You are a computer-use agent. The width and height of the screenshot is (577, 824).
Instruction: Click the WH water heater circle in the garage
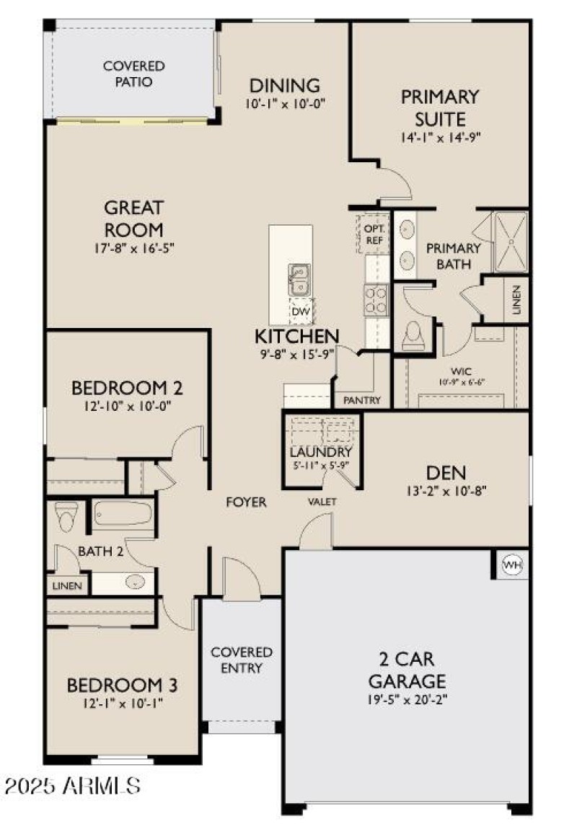(511, 564)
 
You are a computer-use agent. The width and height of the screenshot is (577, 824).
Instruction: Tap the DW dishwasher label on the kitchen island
(299, 311)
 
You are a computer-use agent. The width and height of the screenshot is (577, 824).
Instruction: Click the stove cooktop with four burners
(376, 300)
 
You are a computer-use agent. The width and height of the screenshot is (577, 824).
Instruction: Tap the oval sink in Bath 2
(135, 582)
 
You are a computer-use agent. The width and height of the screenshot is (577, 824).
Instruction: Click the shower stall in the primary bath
(509, 240)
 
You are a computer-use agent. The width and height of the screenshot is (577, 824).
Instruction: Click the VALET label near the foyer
(322, 501)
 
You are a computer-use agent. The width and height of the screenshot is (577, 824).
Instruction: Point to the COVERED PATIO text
(133, 74)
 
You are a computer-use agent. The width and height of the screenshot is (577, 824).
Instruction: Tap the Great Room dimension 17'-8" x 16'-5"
(133, 247)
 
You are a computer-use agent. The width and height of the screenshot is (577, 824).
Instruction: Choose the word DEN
(446, 473)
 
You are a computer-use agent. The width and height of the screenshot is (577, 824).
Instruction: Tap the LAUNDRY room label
(320, 452)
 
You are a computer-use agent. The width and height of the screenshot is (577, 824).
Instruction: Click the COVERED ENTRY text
(242, 660)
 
